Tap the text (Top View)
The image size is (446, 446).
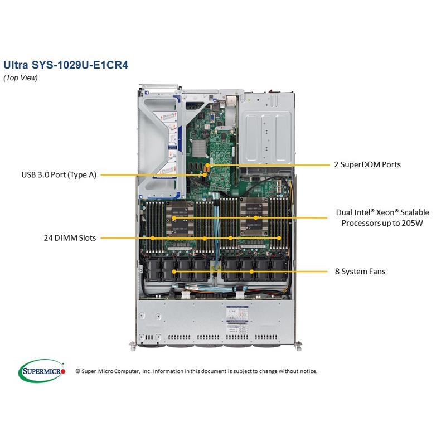21,78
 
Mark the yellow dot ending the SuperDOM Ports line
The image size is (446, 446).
209,165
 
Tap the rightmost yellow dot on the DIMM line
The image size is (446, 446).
279,238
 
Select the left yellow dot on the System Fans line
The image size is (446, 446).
175,272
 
